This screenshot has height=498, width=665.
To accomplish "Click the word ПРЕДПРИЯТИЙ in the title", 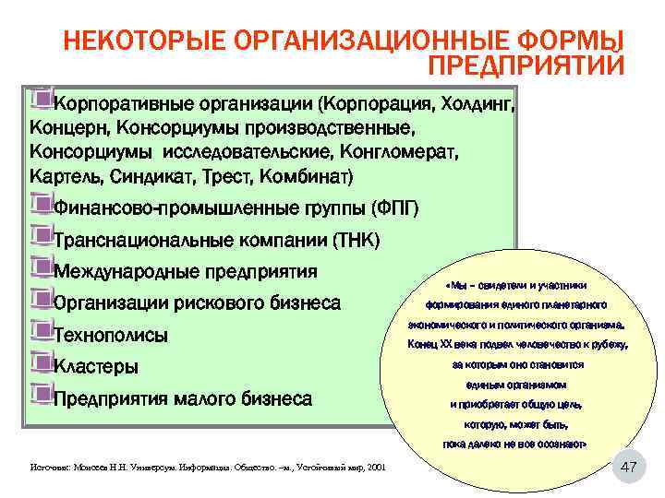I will coord(526,65).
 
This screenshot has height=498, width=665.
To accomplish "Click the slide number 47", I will coord(628,468).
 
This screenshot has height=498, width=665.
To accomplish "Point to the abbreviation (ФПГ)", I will coord(394,207).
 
